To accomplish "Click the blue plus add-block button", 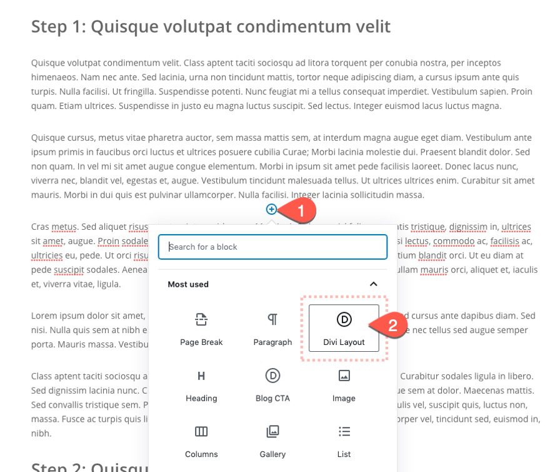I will pos(271,209).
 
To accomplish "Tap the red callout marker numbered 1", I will pos(301,212).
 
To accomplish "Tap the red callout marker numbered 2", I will pos(392,326).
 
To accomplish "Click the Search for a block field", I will pos(272,247).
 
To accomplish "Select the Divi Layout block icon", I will pos(344,320).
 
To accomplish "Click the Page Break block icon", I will pos(201,320).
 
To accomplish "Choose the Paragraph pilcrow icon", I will pos(272,320).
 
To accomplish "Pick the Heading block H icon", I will pos(201,376).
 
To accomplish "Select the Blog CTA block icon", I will pos(272,376).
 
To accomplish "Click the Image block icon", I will pos(344,376).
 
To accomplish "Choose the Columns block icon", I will pos(201,431).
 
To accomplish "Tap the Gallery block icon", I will pos(272,431).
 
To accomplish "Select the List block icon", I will pos(344,431).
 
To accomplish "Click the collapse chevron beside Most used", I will pos(374,284).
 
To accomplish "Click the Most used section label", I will pos(188,284).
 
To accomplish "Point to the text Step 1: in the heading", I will pos(56,26).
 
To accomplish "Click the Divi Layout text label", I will pos(344,342).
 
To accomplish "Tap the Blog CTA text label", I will pos(272,398).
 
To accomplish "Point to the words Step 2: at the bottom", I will pos(56,466).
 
